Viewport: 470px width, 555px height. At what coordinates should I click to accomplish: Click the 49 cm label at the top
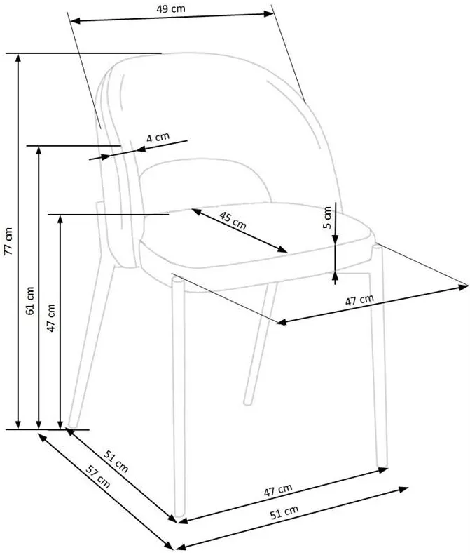(x=171, y=9)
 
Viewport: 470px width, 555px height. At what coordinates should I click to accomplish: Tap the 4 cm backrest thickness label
(x=158, y=137)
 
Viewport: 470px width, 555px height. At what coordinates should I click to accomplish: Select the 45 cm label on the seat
(x=233, y=220)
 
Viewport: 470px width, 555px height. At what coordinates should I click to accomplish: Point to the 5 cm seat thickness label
(x=327, y=218)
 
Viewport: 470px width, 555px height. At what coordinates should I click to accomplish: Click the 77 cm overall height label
(x=8, y=241)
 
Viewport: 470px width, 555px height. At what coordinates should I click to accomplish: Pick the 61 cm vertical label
(x=29, y=300)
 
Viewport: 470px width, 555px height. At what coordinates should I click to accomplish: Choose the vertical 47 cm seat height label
(x=51, y=318)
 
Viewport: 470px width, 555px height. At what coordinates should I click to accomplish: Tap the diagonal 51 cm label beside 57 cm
(x=116, y=461)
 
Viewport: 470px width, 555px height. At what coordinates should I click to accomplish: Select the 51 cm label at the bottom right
(x=284, y=511)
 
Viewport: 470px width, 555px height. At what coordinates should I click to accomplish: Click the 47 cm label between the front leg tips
(x=278, y=490)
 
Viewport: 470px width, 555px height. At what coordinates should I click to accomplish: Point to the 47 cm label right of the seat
(x=359, y=300)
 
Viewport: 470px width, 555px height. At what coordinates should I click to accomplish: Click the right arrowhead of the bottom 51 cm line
(x=403, y=490)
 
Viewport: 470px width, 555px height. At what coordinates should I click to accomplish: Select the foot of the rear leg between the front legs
(x=249, y=402)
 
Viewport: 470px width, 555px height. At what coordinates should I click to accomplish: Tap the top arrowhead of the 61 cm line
(x=39, y=150)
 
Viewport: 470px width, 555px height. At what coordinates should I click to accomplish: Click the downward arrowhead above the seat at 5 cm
(x=336, y=239)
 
